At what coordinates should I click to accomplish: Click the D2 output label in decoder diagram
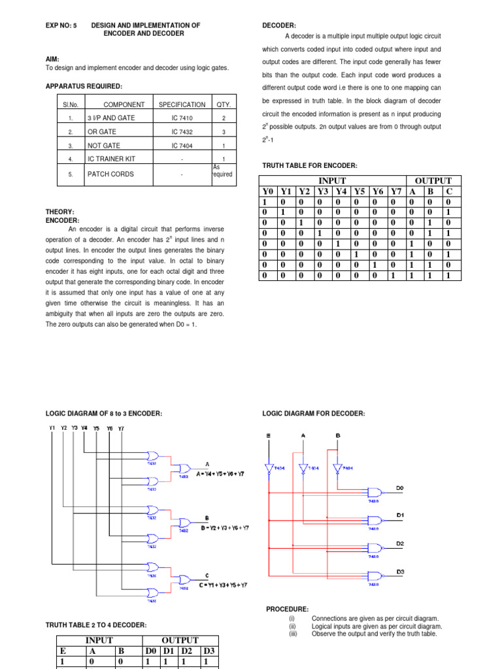[400, 544]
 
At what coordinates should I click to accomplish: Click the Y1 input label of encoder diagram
[52, 428]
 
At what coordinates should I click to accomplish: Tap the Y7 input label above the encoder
[120, 428]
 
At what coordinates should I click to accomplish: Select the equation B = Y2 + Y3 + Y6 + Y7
[225, 528]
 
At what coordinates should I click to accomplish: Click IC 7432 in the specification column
[182, 131]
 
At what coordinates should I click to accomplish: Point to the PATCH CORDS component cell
[110, 174]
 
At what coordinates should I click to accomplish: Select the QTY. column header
[222, 105]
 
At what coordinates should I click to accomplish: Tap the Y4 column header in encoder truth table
[341, 191]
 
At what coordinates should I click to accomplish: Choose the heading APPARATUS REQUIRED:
[84, 86]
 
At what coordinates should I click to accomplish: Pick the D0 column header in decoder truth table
[151, 651]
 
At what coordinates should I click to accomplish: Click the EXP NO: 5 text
[61, 25]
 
